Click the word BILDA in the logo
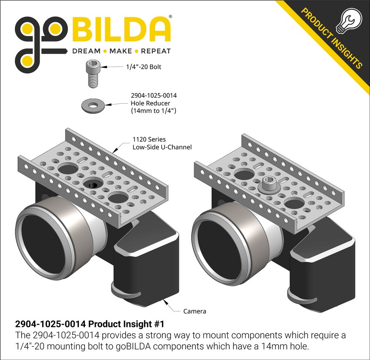pyautogui.click(x=120, y=30)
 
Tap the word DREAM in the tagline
pyautogui.click(x=86, y=51)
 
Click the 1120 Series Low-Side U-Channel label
pyautogui.click(x=162, y=143)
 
